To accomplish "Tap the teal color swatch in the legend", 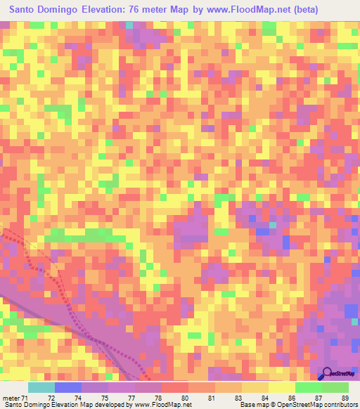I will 41,387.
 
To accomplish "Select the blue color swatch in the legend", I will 68,387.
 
